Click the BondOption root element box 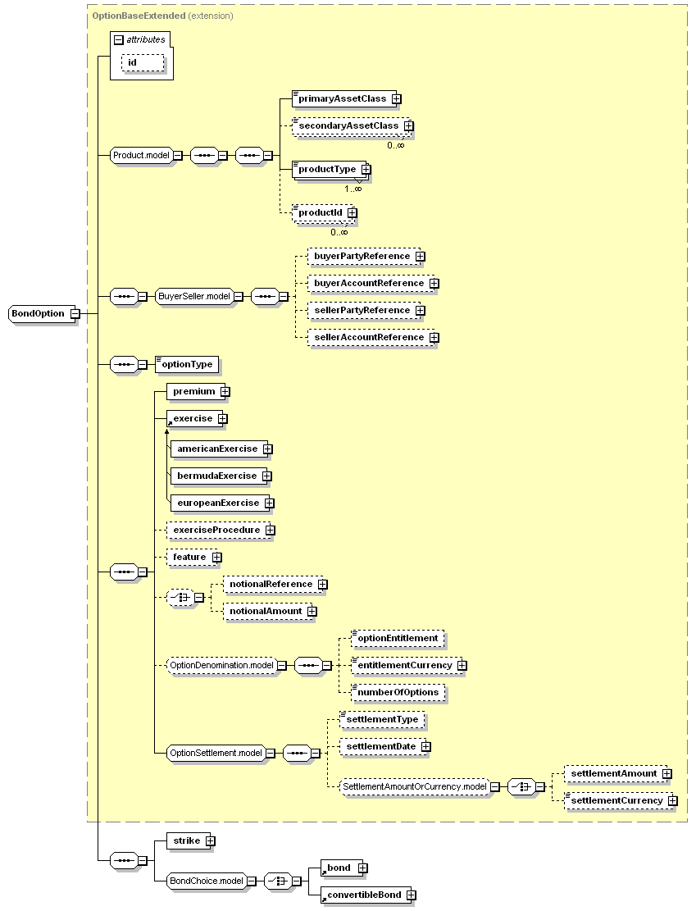[39, 313]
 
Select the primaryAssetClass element [342, 98]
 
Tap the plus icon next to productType [366, 169]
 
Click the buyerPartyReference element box [362, 256]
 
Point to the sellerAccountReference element [369, 337]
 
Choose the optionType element [187, 364]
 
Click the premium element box [193, 391]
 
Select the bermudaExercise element [216, 476]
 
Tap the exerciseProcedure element [216, 530]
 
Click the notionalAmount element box [266, 611]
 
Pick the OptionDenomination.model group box [221, 665]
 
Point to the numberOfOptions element [398, 692]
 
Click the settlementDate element [380, 746]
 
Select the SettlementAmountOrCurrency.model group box [413, 786]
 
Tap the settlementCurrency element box [616, 800]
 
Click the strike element [187, 840]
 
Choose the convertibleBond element [364, 895]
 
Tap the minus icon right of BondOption [75, 313]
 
